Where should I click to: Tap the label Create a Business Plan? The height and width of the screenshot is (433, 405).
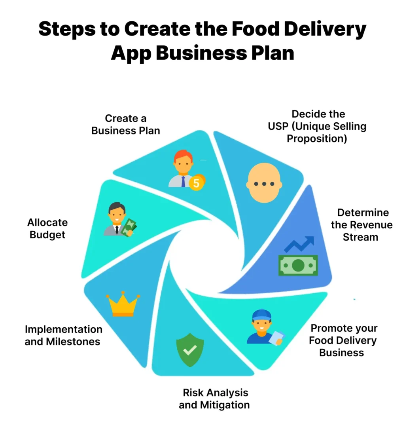tap(126, 124)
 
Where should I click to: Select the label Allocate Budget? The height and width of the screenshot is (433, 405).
tap(47, 228)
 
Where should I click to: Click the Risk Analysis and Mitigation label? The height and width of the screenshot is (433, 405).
tap(214, 399)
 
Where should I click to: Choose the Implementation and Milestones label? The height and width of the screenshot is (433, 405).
tap(63, 335)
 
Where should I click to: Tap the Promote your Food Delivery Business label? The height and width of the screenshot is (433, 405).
tap(343, 340)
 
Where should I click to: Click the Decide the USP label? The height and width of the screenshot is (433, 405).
tap(318, 126)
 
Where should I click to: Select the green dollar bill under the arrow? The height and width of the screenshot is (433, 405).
tap(298, 265)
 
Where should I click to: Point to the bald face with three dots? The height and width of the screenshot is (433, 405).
tap(264, 183)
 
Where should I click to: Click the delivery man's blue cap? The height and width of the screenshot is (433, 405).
tap(261, 315)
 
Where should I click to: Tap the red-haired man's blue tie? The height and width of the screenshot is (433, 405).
tap(184, 182)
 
